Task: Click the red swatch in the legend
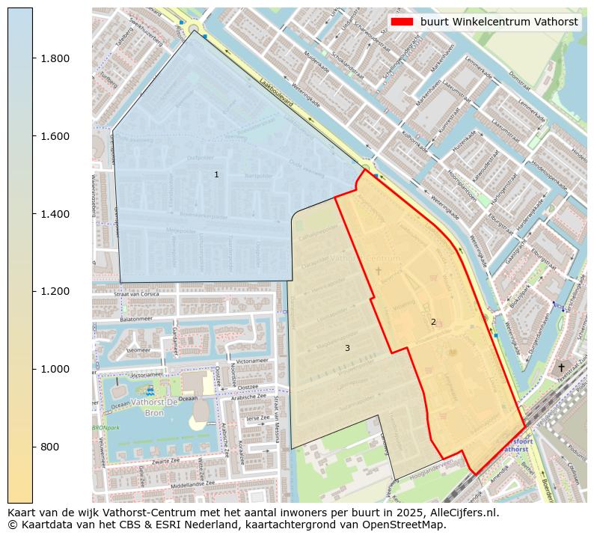(402, 22)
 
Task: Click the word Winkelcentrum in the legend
(494, 22)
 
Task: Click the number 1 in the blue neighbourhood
(216, 174)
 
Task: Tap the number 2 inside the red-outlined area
(433, 322)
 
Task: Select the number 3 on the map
(347, 348)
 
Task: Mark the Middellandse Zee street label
(183, 484)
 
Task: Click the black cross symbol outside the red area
(561, 367)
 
